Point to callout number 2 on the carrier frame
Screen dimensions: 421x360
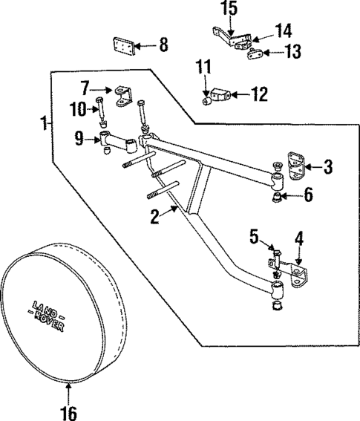pyautogui.click(x=155, y=217)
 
